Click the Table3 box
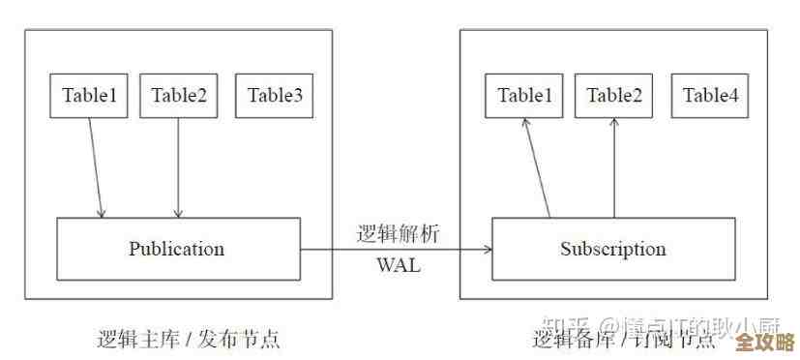pyautogui.click(x=275, y=95)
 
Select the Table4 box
pyautogui.click(x=710, y=95)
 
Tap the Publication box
pyautogui.click(x=177, y=249)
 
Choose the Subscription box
pyautogui.click(x=613, y=249)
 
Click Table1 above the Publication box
pyautogui.click(x=89, y=95)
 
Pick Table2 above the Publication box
pyautogui.click(x=178, y=95)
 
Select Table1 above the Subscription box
pyautogui.click(x=525, y=95)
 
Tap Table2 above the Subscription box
pyautogui.click(x=614, y=95)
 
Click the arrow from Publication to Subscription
pyautogui.click(x=397, y=249)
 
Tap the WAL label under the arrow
pyautogui.click(x=398, y=265)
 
